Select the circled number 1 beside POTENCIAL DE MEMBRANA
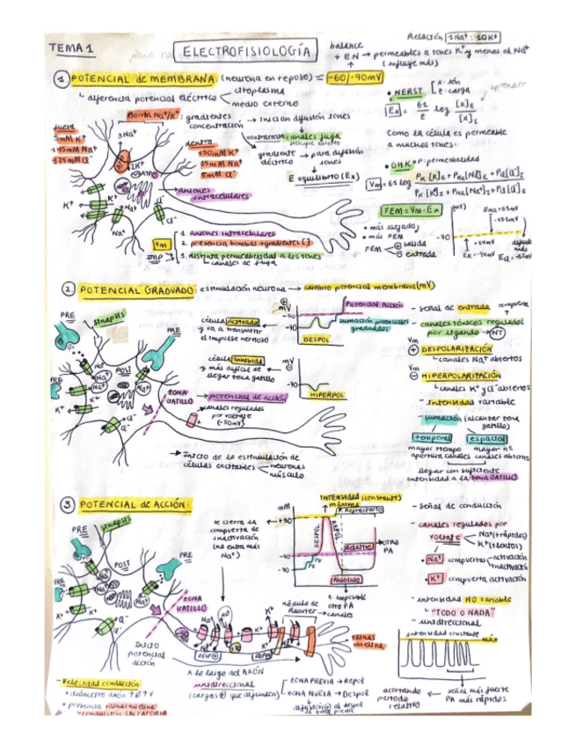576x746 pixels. coord(62,79)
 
